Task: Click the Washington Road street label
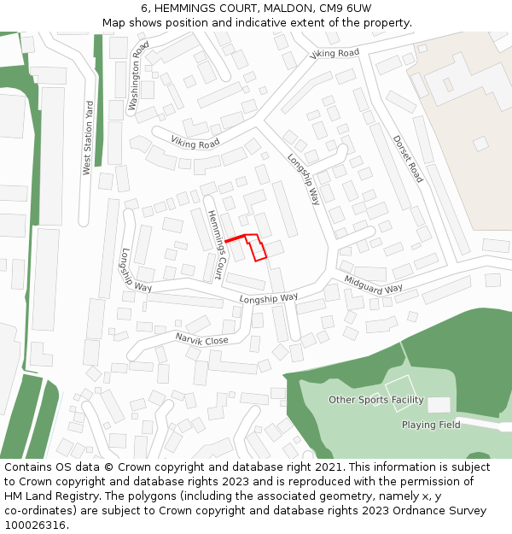tap(139, 75)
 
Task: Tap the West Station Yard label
tap(87, 138)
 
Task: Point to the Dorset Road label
tap(408, 159)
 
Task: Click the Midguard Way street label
tap(374, 285)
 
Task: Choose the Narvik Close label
tap(202, 339)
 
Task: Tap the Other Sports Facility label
tap(376, 400)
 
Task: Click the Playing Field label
tap(431, 425)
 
